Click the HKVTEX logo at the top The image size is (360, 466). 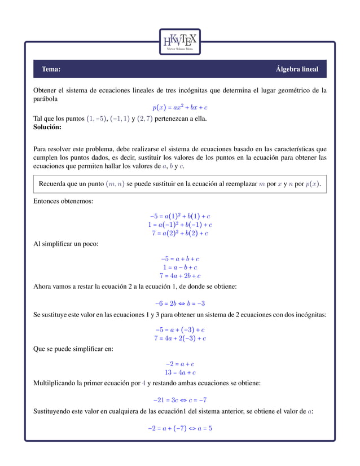[179, 42]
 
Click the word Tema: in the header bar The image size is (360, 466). [51, 69]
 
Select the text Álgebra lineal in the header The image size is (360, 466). [296, 69]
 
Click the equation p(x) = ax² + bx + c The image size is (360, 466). [180, 107]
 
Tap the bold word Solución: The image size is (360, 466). [47, 128]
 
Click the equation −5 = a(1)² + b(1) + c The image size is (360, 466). [180, 216]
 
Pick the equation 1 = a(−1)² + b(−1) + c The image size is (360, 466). [180, 225]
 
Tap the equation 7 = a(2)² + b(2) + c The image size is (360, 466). [180, 233]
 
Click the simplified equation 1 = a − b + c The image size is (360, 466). [180, 267]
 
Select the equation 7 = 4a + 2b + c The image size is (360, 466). [180, 276]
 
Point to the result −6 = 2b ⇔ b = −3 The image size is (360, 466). [180, 303]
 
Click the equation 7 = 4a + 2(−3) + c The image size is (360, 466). [180, 338]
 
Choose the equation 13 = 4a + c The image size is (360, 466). [180, 372]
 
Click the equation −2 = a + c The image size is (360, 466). [180, 364]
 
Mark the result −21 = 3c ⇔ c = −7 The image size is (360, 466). [180, 399]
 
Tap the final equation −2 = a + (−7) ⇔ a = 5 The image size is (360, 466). [180, 428]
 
